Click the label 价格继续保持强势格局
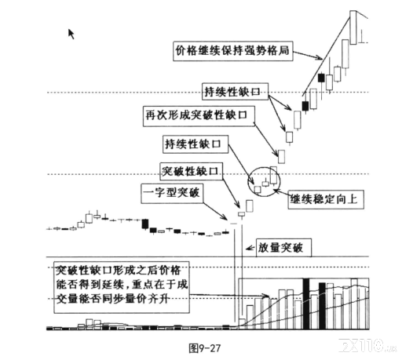pyautogui.click(x=233, y=50)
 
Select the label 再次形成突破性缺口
pyautogui.click(x=199, y=116)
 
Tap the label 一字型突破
pyautogui.click(x=172, y=193)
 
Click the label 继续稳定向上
pyautogui.click(x=326, y=199)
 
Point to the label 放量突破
pyautogui.click(x=283, y=248)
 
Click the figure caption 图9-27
pyautogui.click(x=204, y=348)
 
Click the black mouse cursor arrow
pyautogui.click(x=71, y=34)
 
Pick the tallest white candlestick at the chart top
pyautogui.click(x=353, y=27)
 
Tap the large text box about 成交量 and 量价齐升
pyautogui.click(x=122, y=287)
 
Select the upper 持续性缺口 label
pyautogui.click(x=235, y=92)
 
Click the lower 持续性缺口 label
pyautogui.click(x=196, y=144)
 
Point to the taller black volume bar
pyautogui.click(x=306, y=304)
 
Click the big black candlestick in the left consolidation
pyautogui.click(x=145, y=224)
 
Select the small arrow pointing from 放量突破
pyautogui.click(x=250, y=248)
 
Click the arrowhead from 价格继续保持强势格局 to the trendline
pyautogui.click(x=320, y=58)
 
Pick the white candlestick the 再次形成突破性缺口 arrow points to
pyautogui.click(x=282, y=157)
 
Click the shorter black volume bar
pyautogui.click(x=322, y=306)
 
